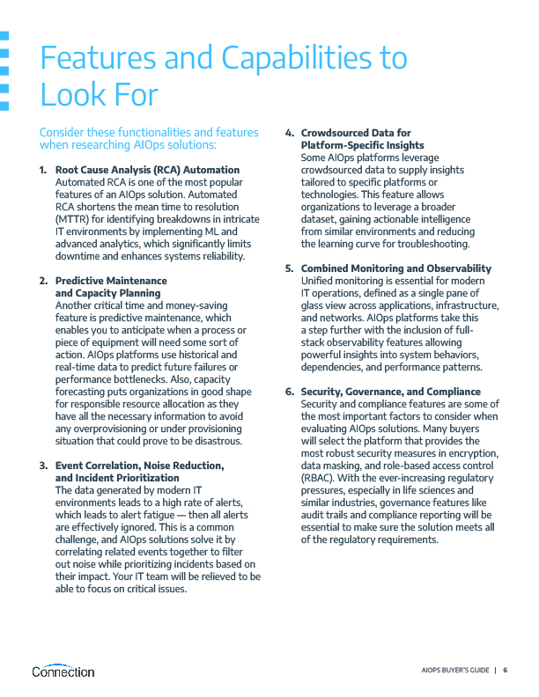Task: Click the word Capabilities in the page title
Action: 312,58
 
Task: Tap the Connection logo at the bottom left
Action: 63,671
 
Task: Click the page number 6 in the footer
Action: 506,671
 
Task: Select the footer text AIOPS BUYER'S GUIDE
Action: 454,671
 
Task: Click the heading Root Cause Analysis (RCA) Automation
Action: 147,169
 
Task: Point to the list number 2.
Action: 43,281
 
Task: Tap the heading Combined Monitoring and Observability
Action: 409,268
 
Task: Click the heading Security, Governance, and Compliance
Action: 391,391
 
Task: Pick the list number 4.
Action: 289,133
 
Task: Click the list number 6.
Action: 289,391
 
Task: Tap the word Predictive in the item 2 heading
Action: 80,281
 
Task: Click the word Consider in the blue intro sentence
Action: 63,132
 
